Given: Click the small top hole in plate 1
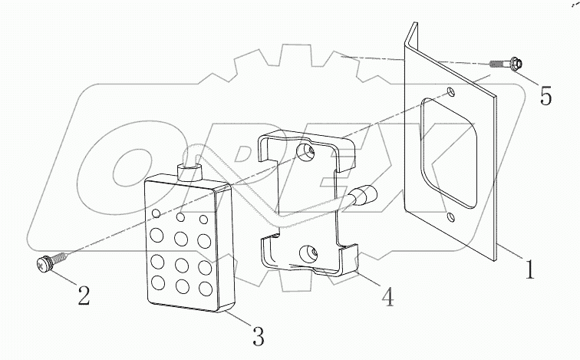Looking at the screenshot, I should [x=451, y=92].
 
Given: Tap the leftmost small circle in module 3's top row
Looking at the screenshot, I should [x=157, y=212].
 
